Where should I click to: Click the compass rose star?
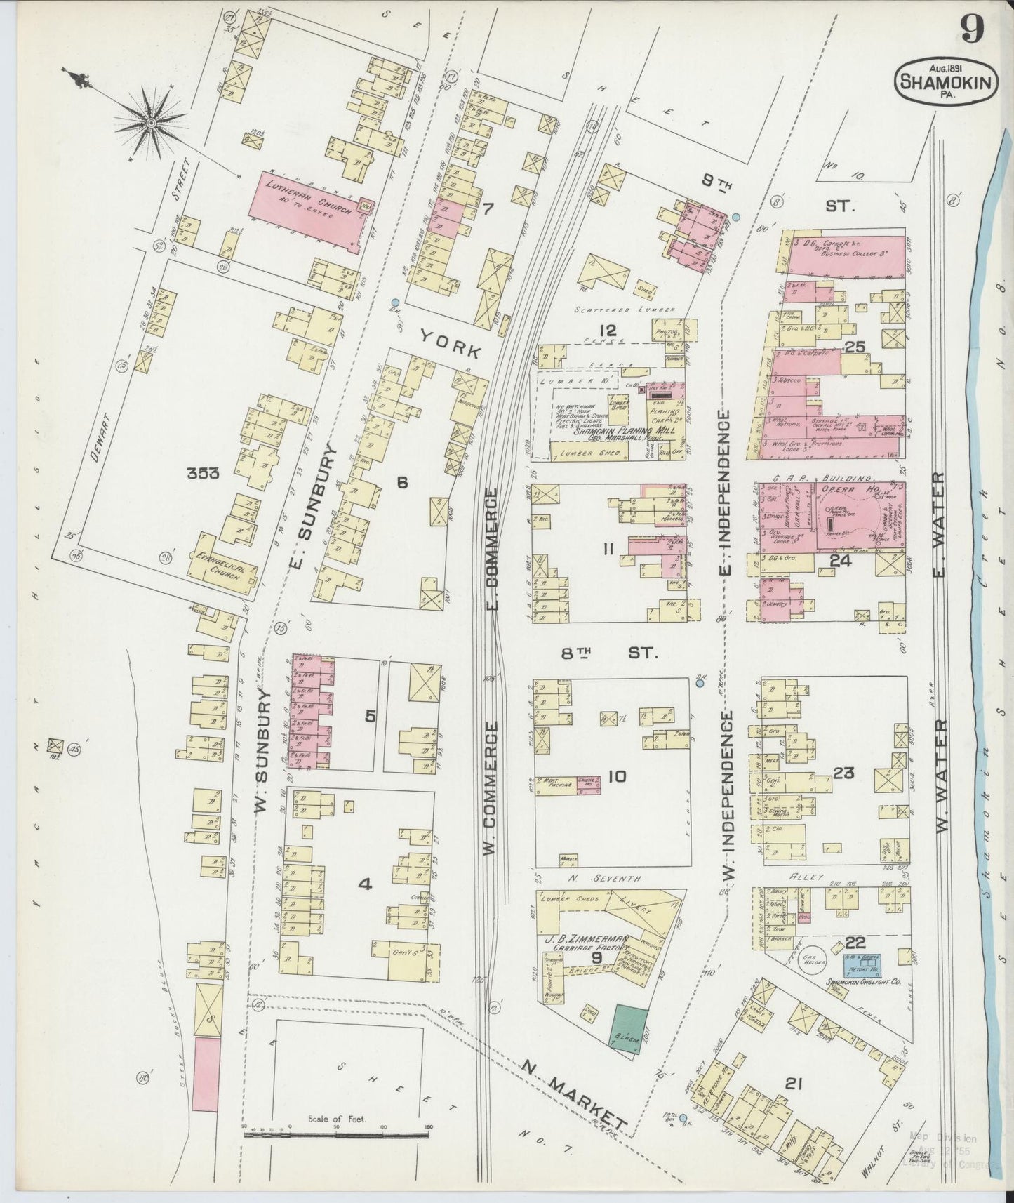coord(150,124)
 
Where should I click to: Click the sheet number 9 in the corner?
coord(972,29)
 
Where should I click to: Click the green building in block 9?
coord(630,1028)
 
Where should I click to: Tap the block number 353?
coord(203,474)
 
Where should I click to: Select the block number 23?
coord(843,773)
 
